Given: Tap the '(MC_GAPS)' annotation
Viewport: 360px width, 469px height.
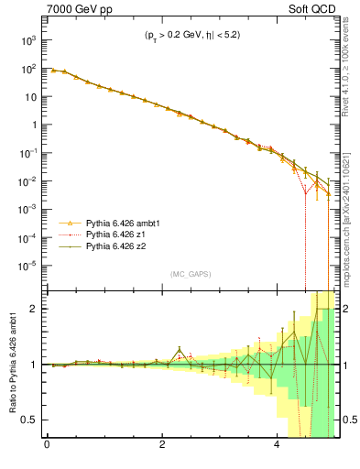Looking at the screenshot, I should (191, 273).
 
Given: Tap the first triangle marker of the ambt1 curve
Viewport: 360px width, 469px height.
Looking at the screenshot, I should (52, 70).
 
